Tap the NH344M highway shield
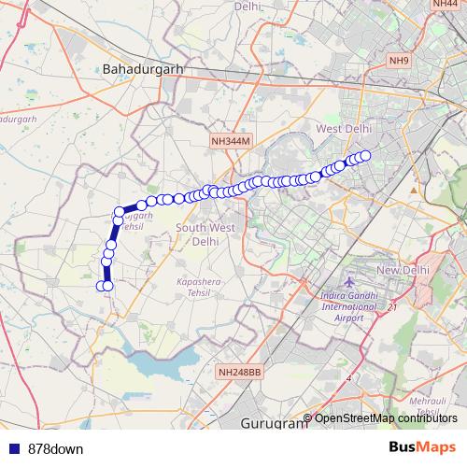[232, 141]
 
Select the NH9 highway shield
[400, 62]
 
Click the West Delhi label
[345, 128]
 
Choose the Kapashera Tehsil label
[197, 287]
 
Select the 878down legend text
[55, 448]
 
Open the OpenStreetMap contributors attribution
[385, 417]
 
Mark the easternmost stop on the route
[365, 156]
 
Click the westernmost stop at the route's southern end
[101, 286]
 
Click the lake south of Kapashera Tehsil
[164, 360]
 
